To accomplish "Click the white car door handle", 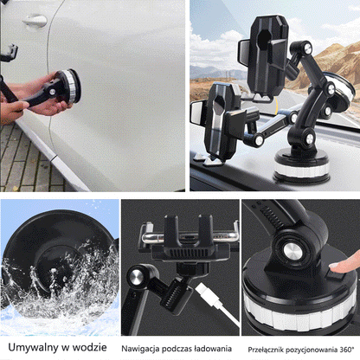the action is [35, 21].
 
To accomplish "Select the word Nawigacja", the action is [140, 349].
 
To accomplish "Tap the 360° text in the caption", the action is [346, 350].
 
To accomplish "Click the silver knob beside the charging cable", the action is [137, 278].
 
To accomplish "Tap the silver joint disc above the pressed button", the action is [292, 251].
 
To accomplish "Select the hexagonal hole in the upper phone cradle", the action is [263, 39].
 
